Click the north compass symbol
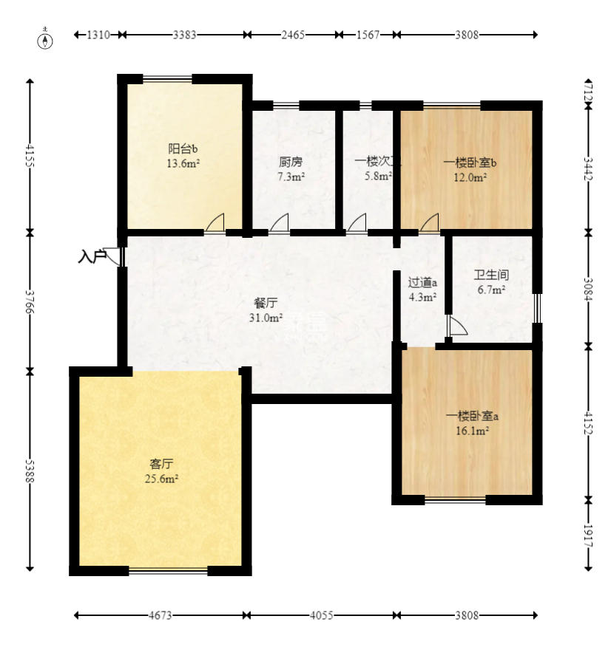(46, 39)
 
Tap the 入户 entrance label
(92, 257)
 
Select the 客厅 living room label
(161, 464)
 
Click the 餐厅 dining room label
(266, 303)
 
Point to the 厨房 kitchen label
(291, 162)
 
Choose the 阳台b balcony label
(182, 148)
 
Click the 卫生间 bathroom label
(491, 275)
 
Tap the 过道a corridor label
(423, 281)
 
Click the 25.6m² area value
(161, 479)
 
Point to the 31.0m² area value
(266, 318)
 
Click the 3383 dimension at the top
(184, 35)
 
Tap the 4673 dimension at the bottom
(160, 615)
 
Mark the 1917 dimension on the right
(588, 534)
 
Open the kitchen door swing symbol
(280, 224)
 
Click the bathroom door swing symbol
(456, 326)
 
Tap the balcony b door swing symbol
(215, 224)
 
